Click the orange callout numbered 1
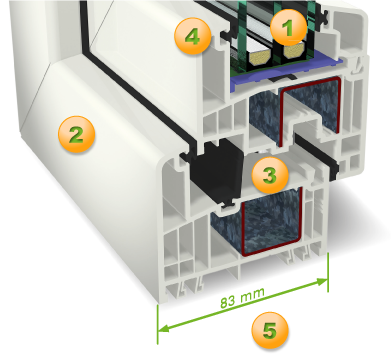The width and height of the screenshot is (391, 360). (x=288, y=27)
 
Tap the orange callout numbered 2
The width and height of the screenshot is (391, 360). (x=76, y=134)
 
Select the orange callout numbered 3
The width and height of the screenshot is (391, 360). (x=270, y=175)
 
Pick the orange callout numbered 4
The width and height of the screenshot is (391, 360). (x=193, y=36)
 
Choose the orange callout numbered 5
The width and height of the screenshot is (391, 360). (x=270, y=331)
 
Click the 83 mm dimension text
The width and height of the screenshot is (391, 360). (x=242, y=297)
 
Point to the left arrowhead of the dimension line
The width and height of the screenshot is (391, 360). (x=163, y=328)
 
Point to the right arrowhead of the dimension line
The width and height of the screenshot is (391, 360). (x=322, y=282)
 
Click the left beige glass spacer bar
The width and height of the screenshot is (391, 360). (x=259, y=58)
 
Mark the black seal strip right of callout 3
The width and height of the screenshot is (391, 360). (x=317, y=154)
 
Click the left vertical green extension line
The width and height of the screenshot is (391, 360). (x=157, y=324)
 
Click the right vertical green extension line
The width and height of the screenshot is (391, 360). (x=328, y=272)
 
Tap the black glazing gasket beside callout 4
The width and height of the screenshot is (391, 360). (x=226, y=34)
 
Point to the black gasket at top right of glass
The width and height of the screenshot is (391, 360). (x=322, y=14)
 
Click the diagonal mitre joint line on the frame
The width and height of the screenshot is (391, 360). (x=38, y=101)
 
